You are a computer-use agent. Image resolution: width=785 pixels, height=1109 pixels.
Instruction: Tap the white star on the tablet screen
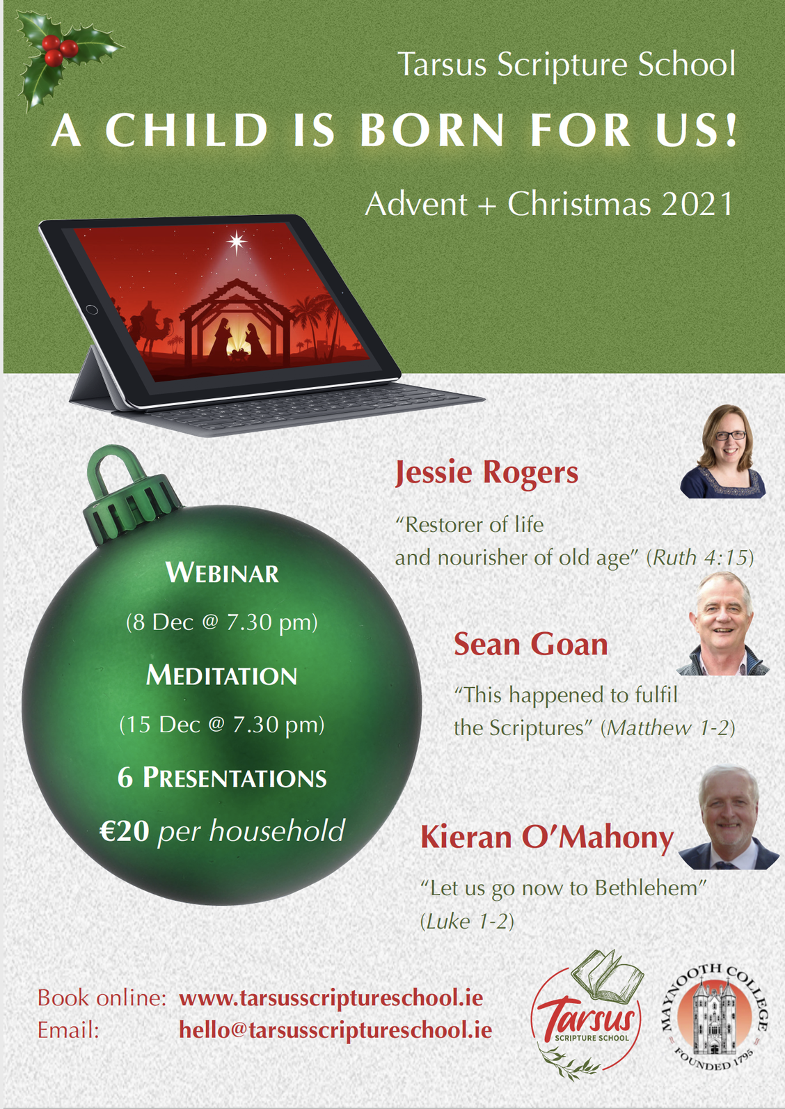point(237,242)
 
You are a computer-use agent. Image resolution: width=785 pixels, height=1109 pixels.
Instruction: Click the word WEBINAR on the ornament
point(222,573)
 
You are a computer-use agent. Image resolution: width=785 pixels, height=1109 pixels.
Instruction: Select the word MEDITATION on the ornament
point(221,675)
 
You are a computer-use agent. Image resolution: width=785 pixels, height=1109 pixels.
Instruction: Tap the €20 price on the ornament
point(125,830)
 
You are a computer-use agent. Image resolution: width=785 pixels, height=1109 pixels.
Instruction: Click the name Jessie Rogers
point(486,473)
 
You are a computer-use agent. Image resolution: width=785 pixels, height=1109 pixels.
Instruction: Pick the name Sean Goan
point(530,645)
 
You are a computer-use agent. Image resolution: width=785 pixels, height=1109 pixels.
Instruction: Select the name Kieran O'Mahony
point(547,837)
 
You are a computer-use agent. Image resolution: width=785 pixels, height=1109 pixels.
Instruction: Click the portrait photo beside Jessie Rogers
point(723,452)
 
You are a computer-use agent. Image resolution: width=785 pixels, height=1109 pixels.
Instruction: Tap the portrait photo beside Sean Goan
point(723,624)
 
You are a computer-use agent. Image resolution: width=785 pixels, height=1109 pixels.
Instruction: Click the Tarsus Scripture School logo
point(587,1012)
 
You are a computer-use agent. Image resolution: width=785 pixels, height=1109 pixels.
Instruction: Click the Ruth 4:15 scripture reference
point(700,558)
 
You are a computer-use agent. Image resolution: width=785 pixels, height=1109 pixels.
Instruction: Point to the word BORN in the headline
point(432,131)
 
